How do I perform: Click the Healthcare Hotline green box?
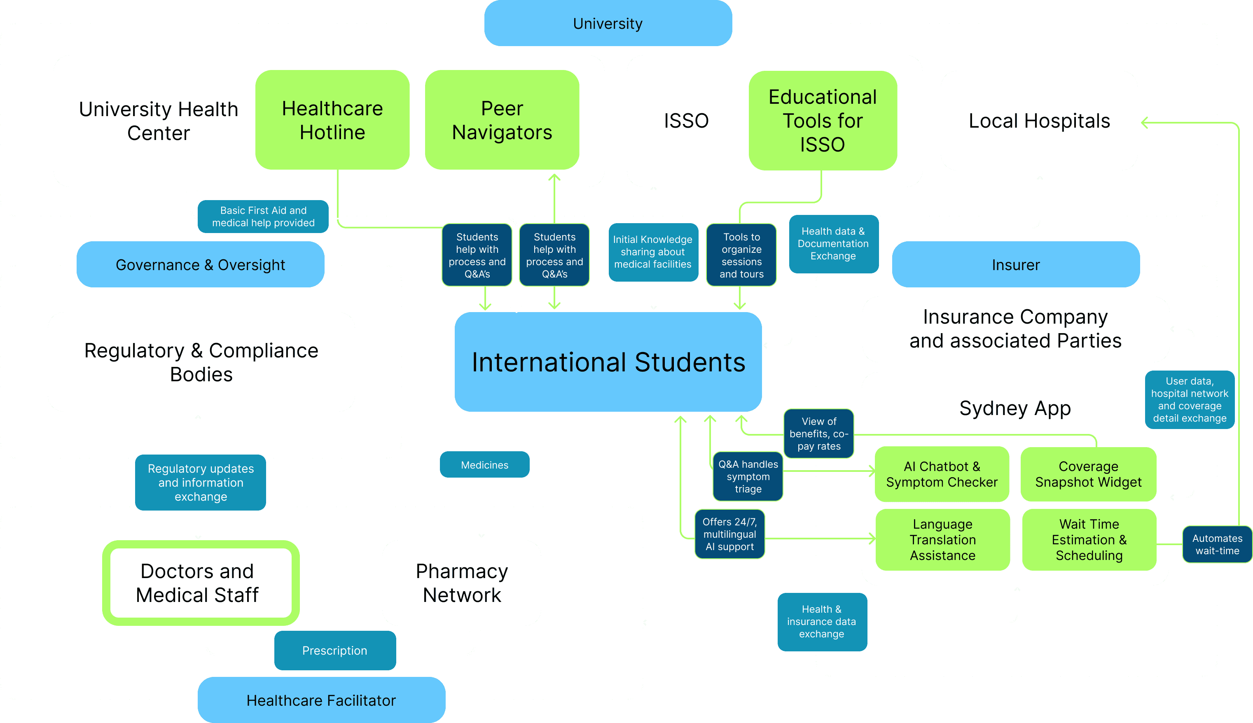[x=332, y=120]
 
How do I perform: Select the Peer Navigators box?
[x=502, y=120]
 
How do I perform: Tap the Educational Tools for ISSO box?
[x=823, y=120]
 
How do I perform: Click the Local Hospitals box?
[x=1038, y=121]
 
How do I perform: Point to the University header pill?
[x=608, y=23]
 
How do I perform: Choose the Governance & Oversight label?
[x=200, y=265]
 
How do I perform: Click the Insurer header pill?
[x=1016, y=265]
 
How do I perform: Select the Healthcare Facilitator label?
[x=321, y=700]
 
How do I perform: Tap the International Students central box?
[x=608, y=361]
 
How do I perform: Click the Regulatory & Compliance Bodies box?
[x=201, y=362]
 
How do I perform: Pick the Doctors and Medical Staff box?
[x=197, y=583]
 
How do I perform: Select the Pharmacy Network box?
[x=461, y=583]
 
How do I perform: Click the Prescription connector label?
[x=335, y=651]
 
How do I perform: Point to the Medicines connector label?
[x=484, y=465]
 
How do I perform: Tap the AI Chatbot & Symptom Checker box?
[x=942, y=474]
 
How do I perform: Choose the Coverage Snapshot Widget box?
[x=1088, y=474]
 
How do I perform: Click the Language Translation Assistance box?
[x=942, y=540]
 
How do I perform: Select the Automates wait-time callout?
[x=1217, y=544]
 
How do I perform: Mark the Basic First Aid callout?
[x=263, y=217]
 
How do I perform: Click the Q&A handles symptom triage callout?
[x=748, y=477]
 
